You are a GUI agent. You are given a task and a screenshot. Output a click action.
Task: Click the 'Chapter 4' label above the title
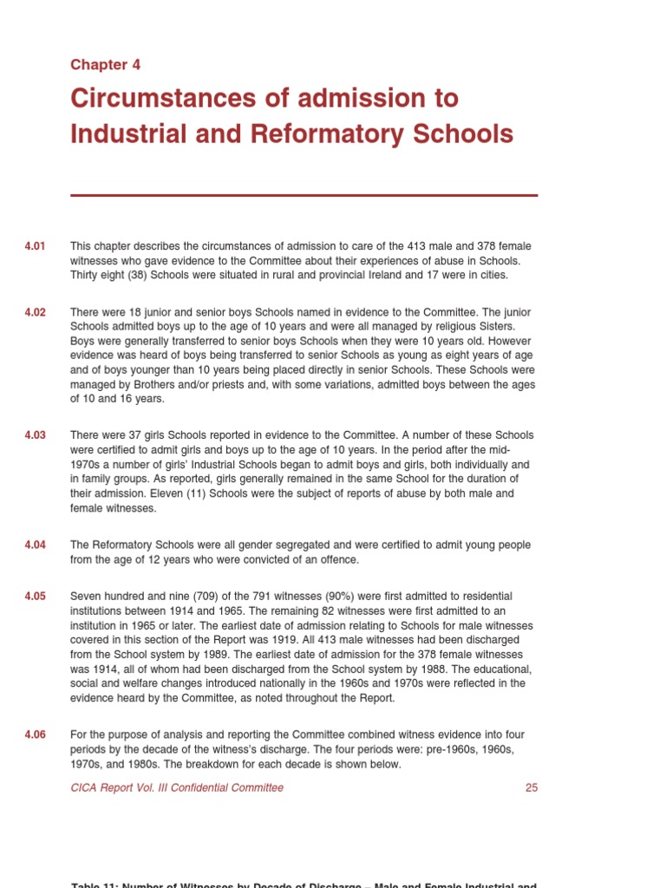point(105,65)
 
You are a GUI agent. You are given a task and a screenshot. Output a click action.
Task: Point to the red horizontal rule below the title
point(304,195)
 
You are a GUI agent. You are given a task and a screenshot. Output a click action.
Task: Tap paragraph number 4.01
point(36,246)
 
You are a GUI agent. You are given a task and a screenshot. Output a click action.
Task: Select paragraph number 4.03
point(36,434)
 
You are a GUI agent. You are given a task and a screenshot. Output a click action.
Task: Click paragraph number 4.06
point(36,735)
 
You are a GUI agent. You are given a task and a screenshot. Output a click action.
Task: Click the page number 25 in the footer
point(532,787)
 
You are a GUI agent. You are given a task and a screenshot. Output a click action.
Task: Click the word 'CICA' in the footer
point(85,787)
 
